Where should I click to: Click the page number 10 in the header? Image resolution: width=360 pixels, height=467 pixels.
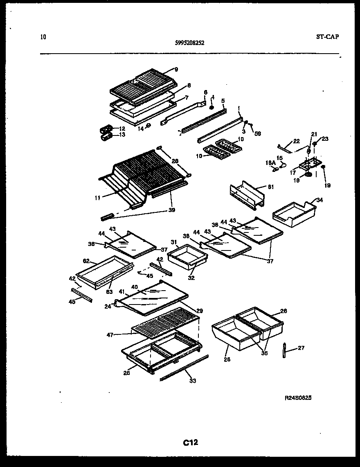[x=43, y=37]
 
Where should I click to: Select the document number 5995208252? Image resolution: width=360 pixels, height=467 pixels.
[x=189, y=42]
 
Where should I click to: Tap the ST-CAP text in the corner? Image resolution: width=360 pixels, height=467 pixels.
[x=327, y=36]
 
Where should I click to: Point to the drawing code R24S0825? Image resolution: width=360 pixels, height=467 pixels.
[x=301, y=398]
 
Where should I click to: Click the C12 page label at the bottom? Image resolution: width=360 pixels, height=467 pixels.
[x=190, y=442]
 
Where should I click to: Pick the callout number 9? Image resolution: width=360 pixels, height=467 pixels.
[x=176, y=70]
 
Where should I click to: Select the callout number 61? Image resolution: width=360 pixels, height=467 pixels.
[x=270, y=187]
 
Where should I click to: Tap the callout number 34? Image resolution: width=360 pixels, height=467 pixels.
[x=319, y=200]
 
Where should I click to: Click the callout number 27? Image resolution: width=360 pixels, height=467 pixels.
[x=301, y=348]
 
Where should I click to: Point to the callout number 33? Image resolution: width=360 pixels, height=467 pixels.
[x=192, y=381]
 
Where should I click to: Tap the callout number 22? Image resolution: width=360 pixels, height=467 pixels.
[x=297, y=141]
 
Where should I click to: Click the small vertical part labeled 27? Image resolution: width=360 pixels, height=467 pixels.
[x=283, y=350]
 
